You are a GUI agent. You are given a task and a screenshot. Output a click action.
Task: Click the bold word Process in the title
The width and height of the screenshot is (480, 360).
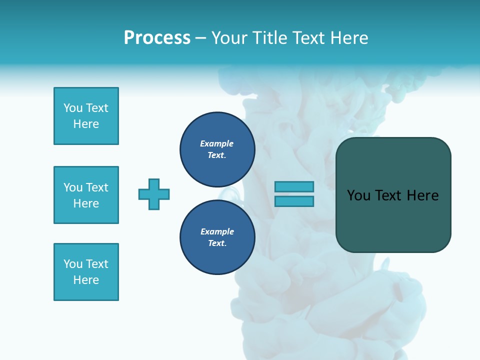tap(157, 38)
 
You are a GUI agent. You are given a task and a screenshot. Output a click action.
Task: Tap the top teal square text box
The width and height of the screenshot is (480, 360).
tap(86, 116)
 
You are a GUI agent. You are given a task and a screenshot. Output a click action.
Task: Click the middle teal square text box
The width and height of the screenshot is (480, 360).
tap(86, 195)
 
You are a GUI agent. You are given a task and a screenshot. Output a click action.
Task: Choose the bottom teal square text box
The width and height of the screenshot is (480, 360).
tap(86, 272)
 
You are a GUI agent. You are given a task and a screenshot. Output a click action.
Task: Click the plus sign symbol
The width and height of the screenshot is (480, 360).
tap(154, 194)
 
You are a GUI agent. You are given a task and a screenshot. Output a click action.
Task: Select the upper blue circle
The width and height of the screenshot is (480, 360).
tap(217, 149)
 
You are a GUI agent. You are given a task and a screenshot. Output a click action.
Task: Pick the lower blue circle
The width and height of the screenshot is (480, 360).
tap(217, 237)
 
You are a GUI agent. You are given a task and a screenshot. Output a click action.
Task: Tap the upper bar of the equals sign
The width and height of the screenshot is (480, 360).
tap(294, 186)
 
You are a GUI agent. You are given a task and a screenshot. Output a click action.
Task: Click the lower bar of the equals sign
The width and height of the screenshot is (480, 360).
tap(294, 201)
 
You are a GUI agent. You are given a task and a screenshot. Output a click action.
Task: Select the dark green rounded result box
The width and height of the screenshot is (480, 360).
tap(393, 194)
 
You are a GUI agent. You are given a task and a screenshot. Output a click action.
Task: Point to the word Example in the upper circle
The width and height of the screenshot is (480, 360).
tap(217, 143)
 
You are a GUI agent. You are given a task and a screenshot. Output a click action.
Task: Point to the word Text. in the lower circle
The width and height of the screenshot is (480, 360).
tap(217, 243)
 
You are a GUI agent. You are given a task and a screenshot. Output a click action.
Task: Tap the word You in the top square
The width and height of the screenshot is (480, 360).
tap(73, 108)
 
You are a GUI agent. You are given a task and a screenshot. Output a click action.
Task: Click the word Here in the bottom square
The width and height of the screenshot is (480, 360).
tap(86, 280)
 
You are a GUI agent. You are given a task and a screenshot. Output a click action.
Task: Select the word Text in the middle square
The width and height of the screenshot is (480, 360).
tap(96, 187)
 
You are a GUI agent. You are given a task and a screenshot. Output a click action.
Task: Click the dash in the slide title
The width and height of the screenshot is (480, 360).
tap(200, 38)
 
